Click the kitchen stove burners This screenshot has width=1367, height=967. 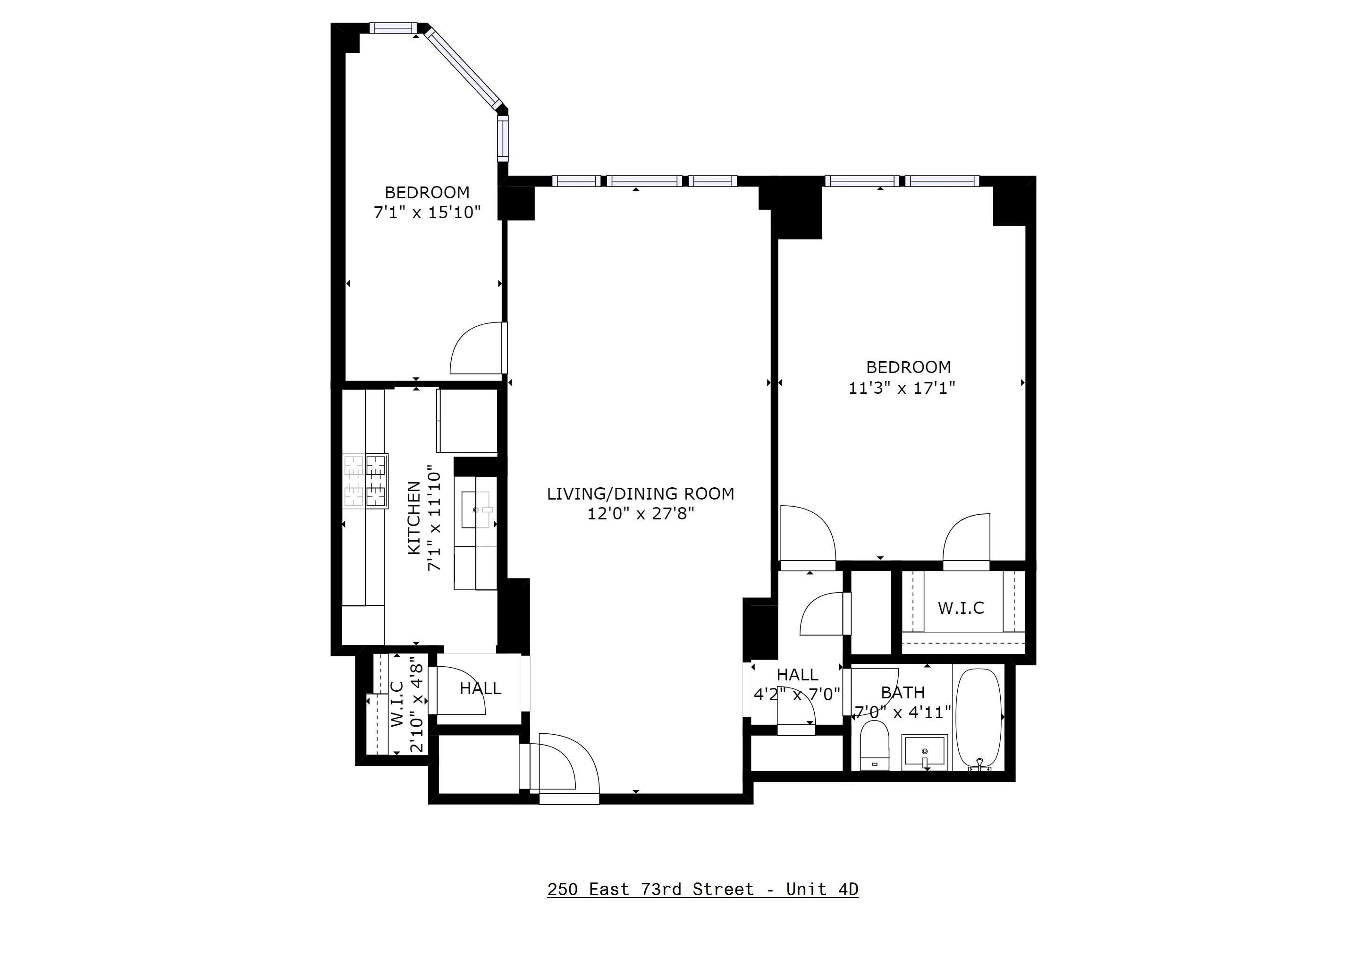tap(365, 481)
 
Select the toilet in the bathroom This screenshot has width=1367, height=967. tap(874, 746)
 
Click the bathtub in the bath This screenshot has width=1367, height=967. tap(978, 717)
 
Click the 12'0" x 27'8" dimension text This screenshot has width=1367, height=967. tap(641, 514)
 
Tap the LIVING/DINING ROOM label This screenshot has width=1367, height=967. tap(640, 493)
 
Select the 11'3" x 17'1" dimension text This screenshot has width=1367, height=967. tap(902, 388)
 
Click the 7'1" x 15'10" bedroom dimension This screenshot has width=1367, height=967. tap(427, 212)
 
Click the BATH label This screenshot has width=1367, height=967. tap(903, 693)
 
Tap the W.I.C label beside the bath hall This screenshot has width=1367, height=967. tap(961, 608)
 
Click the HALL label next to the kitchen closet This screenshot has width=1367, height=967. tap(480, 689)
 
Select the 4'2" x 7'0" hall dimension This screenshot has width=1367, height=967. tap(797, 694)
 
